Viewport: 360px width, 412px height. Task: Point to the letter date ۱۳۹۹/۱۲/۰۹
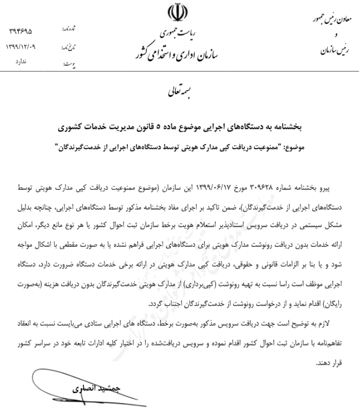[x=21, y=46]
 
